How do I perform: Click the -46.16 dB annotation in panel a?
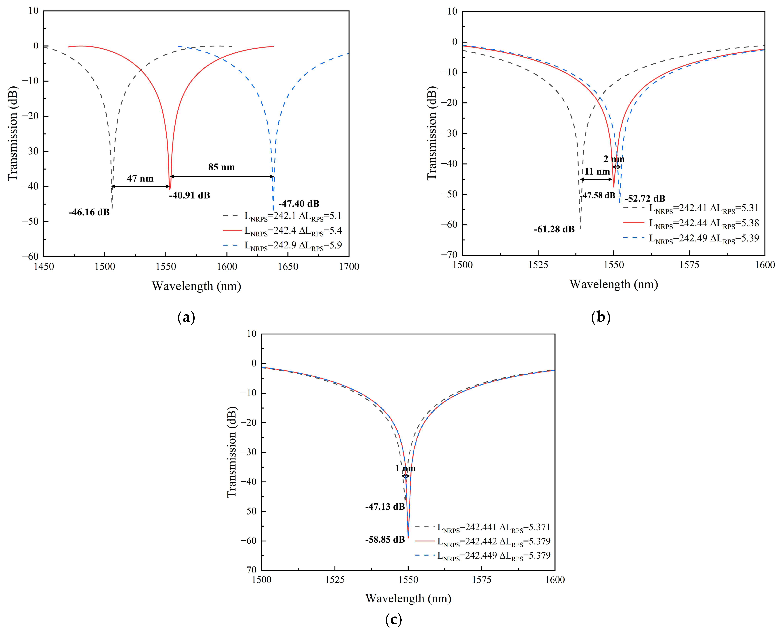(89, 212)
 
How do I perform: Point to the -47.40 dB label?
(299, 204)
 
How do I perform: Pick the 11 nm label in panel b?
(597, 172)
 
